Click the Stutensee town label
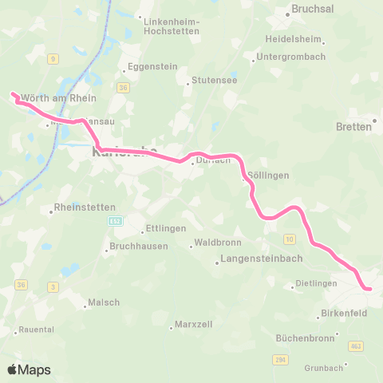[211, 81]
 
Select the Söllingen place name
[268, 175]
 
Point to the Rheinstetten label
[85, 208]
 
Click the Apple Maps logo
[29, 369]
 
